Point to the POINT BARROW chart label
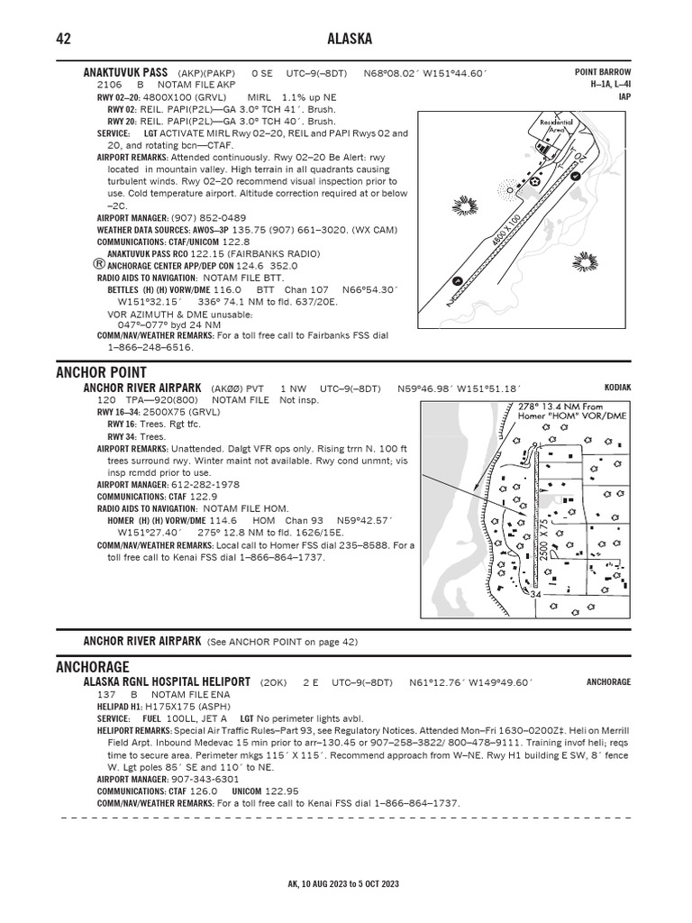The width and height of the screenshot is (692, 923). (x=603, y=72)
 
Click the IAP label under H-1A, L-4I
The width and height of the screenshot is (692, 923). (x=624, y=96)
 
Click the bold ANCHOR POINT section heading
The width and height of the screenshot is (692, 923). (x=101, y=372)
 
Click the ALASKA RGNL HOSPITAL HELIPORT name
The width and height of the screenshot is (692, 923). (x=168, y=683)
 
